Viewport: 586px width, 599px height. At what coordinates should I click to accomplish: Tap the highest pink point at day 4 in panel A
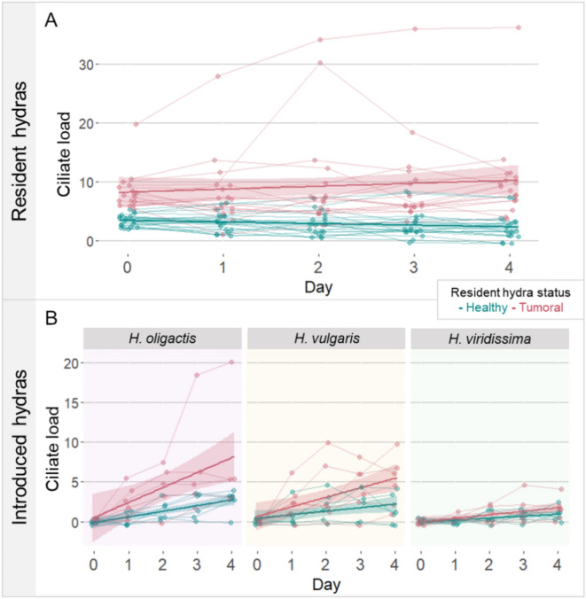coord(519,27)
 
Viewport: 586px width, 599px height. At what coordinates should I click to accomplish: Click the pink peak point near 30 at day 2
coord(320,63)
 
